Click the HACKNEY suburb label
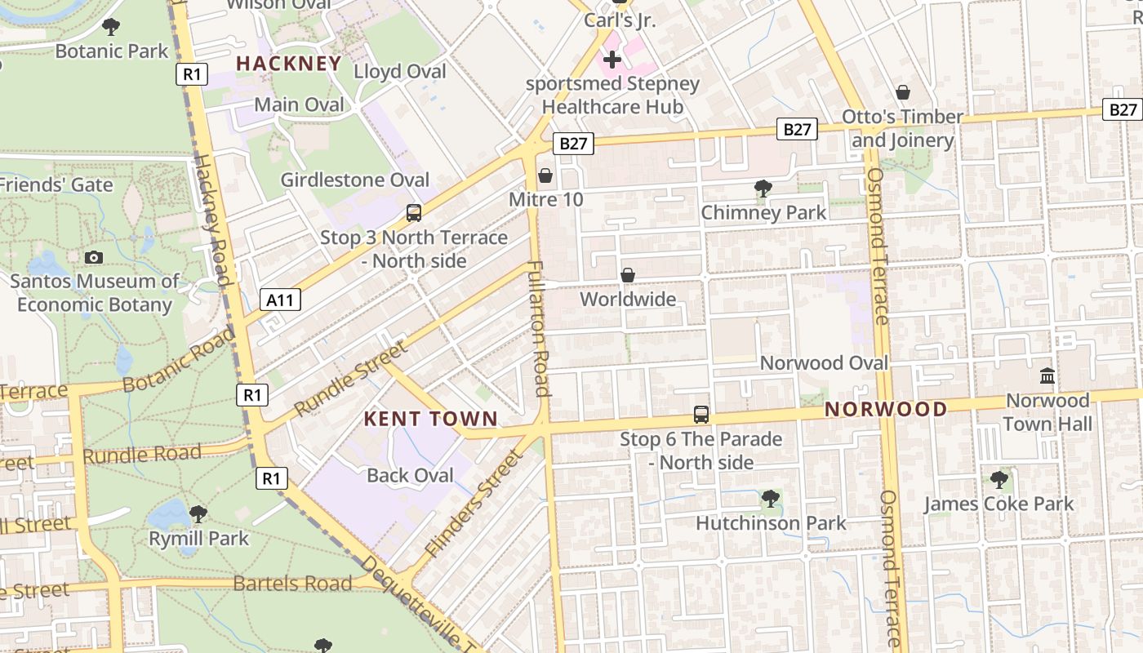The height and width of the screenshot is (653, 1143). click(288, 64)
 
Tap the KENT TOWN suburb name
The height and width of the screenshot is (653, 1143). click(430, 420)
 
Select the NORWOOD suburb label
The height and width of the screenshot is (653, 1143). click(886, 409)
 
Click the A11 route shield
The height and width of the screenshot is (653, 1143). click(280, 300)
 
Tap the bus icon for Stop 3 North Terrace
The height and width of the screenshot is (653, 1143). click(414, 213)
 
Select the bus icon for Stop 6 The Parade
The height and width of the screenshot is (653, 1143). click(700, 415)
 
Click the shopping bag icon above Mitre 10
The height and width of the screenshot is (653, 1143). click(545, 176)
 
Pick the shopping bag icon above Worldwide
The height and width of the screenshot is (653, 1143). click(628, 276)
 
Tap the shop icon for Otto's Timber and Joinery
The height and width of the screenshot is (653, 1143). click(903, 92)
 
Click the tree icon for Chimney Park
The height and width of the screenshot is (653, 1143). click(763, 189)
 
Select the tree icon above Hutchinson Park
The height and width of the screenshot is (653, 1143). click(770, 498)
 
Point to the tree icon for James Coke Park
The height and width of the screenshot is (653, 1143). click(998, 479)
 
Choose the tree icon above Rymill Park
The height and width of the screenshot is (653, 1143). click(198, 514)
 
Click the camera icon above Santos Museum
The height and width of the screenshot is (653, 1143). click(94, 258)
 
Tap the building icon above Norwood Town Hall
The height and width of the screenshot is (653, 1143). click(1047, 376)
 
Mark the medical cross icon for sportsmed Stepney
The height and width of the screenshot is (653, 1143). click(612, 60)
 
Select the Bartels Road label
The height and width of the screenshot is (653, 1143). click(292, 584)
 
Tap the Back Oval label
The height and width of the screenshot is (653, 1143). click(410, 475)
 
